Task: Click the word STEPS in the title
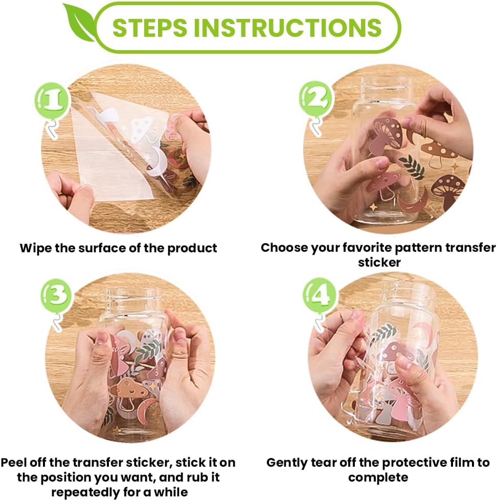(150, 28)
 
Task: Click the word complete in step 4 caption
(378, 477)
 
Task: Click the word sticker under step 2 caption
(379, 263)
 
